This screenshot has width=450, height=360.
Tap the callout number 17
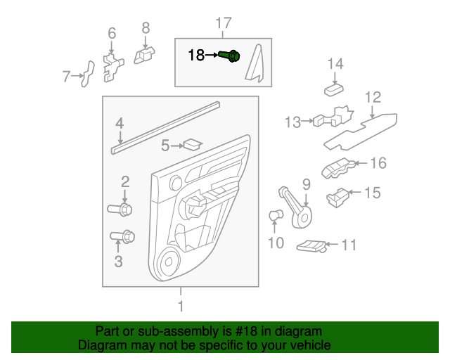click(223, 25)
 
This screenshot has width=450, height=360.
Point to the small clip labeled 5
click(191, 145)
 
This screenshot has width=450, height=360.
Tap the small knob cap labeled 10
click(276, 215)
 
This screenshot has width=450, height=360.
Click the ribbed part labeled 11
click(311, 245)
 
